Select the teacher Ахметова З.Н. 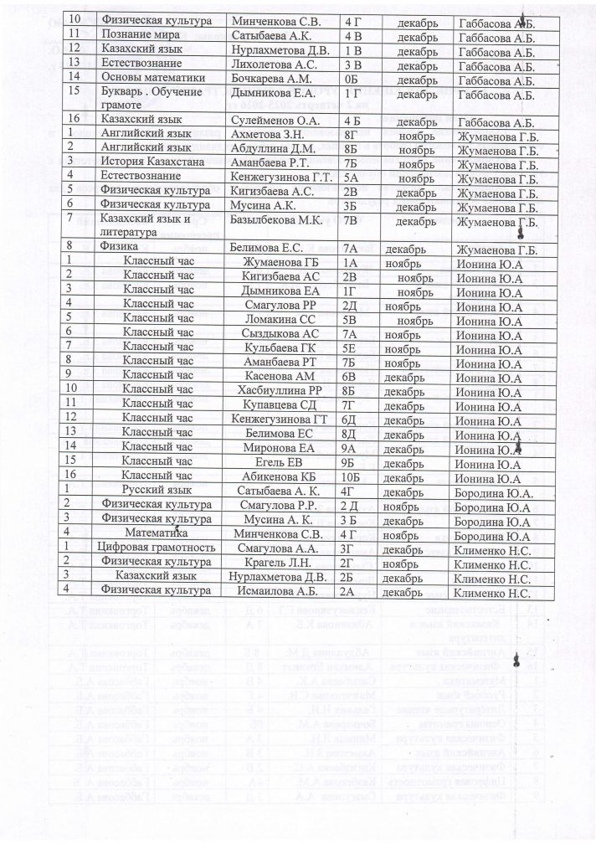pos(268,138)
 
